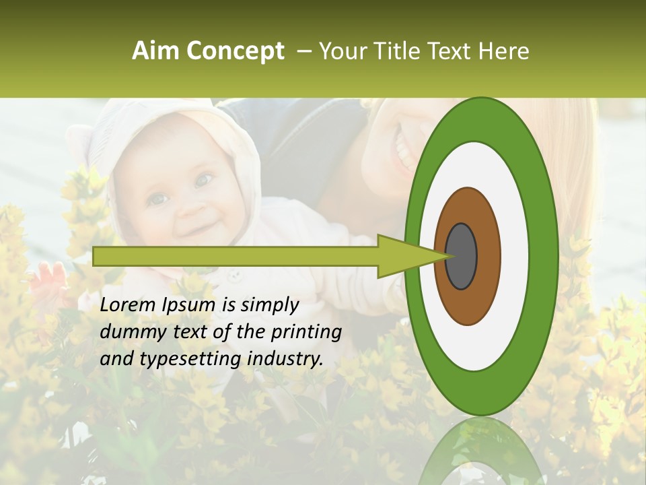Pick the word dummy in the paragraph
pos(130,332)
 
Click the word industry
pos(285,359)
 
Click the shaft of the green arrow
pos(236,256)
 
